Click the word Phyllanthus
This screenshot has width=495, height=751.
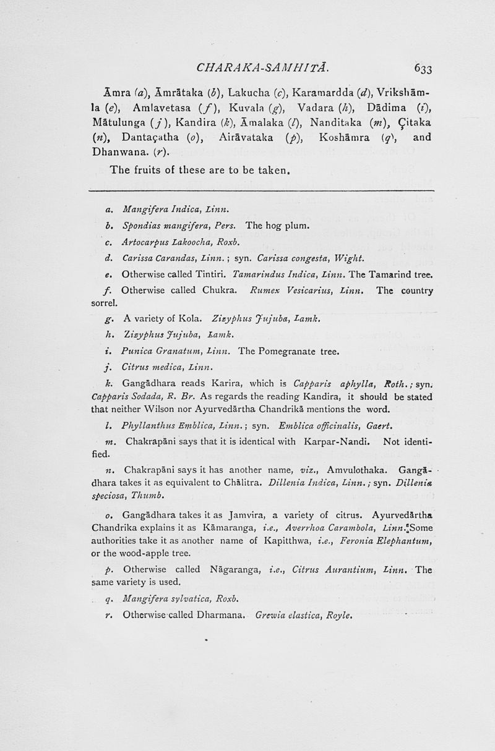coord(150,426)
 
